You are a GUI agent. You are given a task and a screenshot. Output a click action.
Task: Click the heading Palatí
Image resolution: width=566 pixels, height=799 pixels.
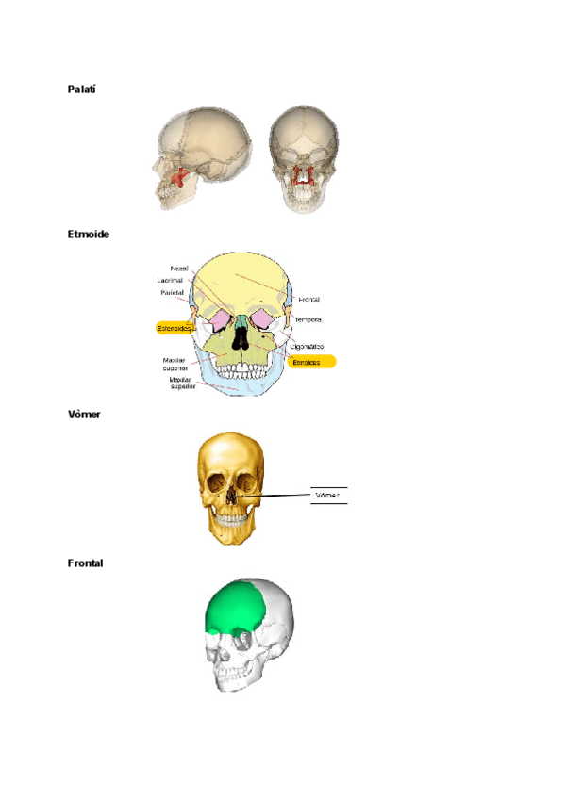[x=82, y=89]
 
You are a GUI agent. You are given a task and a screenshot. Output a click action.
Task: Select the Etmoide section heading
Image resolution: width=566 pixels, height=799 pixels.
[x=88, y=234]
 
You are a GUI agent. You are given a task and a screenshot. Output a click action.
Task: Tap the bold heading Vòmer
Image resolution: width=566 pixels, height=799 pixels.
[x=84, y=415]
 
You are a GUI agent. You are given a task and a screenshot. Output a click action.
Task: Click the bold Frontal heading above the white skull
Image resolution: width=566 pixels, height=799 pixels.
[x=85, y=563]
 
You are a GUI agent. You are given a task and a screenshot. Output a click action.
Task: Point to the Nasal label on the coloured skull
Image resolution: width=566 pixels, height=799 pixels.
[x=179, y=269]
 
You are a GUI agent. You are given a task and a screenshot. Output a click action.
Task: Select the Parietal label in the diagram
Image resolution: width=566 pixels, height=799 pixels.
[x=173, y=293]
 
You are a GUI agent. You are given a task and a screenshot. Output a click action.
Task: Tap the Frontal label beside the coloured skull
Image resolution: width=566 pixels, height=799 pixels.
[x=309, y=300]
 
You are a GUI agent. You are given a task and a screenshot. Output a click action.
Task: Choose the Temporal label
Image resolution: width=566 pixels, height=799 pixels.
[x=308, y=320]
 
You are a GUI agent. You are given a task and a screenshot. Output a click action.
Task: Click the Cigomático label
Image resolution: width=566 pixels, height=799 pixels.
[x=307, y=347]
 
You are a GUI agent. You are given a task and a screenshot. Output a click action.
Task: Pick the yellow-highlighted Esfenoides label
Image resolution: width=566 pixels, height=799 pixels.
[x=174, y=328]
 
